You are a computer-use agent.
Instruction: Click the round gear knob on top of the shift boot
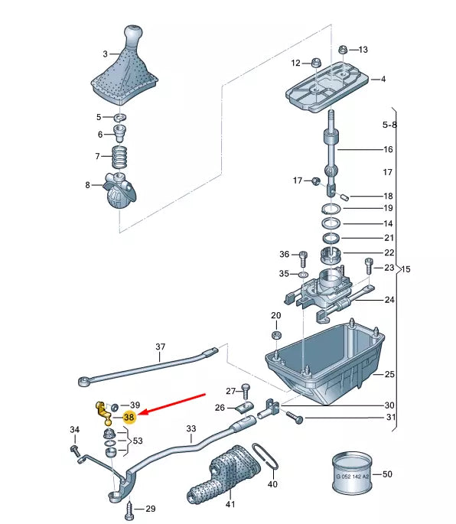[133, 34]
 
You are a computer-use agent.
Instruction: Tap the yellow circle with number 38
[129, 417]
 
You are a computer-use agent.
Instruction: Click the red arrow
[171, 405]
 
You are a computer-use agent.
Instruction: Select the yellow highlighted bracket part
[104, 414]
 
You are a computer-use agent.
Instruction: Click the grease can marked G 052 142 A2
[352, 474]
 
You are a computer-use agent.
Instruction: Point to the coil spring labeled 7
[119, 157]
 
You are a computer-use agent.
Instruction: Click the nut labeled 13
[343, 50]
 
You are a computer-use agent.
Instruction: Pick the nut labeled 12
[316, 63]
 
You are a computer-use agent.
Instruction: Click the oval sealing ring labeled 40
[265, 457]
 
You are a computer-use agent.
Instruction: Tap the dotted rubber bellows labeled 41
[223, 474]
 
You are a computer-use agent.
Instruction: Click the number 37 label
[161, 347]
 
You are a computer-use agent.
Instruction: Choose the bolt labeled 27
[246, 390]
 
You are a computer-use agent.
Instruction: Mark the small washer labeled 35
[304, 275]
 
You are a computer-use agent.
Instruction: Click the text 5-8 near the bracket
[389, 125]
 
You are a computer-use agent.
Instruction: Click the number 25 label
[389, 374]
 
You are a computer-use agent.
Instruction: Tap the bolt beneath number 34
[75, 451]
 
